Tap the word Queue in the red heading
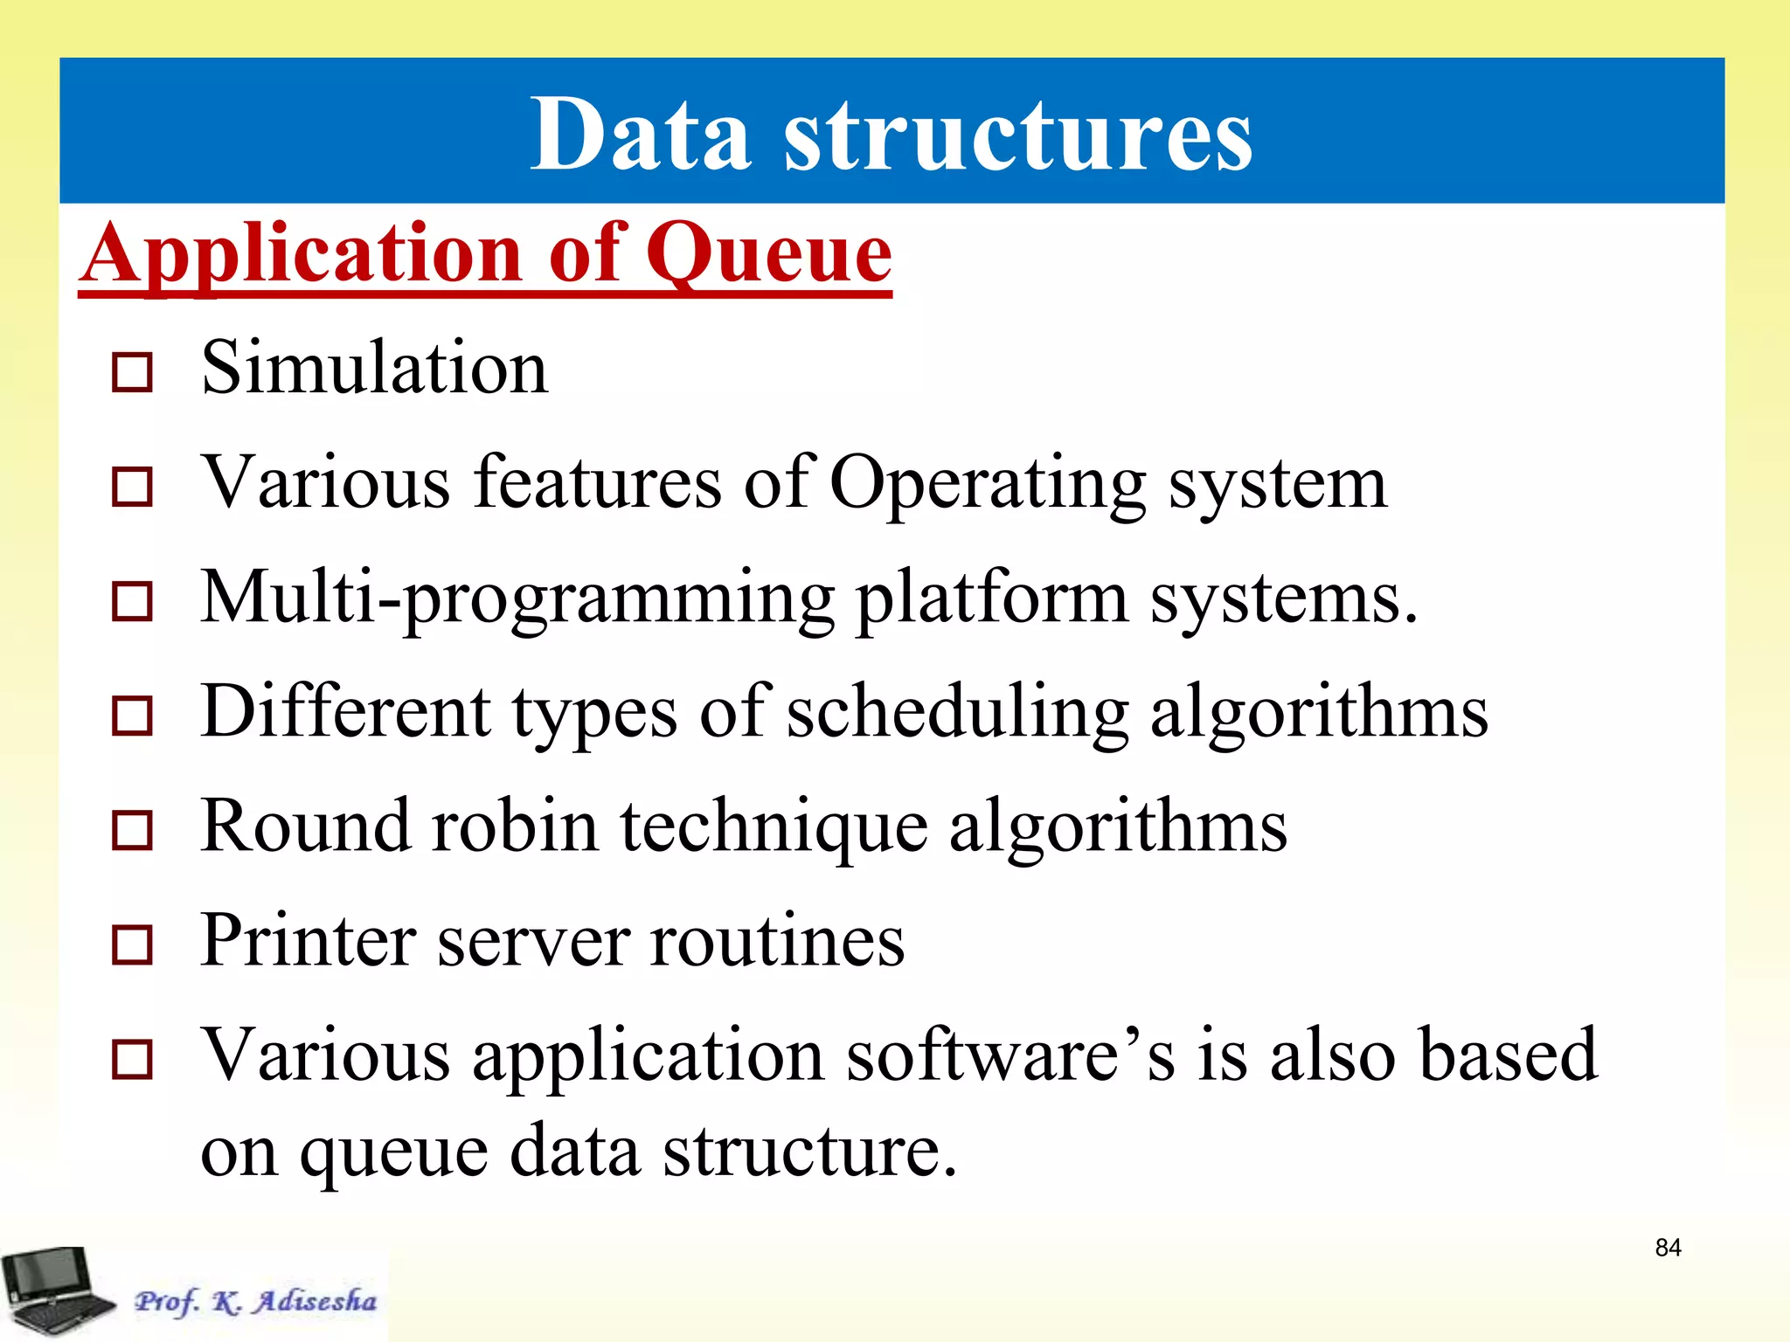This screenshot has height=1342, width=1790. point(768,253)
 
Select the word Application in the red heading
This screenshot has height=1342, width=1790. point(302,253)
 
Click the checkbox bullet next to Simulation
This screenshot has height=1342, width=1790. point(133,372)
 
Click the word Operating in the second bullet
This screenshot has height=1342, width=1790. point(987,483)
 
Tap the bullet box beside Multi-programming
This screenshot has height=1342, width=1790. point(133,601)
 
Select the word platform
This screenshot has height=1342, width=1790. point(991,599)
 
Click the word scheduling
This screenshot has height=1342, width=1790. point(958,713)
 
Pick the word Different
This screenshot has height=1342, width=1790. point(345,711)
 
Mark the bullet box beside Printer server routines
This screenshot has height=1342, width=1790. point(133,944)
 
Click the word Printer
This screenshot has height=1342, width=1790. point(309,941)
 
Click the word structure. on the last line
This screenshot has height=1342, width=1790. point(809,1152)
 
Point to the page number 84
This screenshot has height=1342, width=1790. point(1668,1248)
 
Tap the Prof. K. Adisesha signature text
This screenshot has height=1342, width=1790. point(255,1301)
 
